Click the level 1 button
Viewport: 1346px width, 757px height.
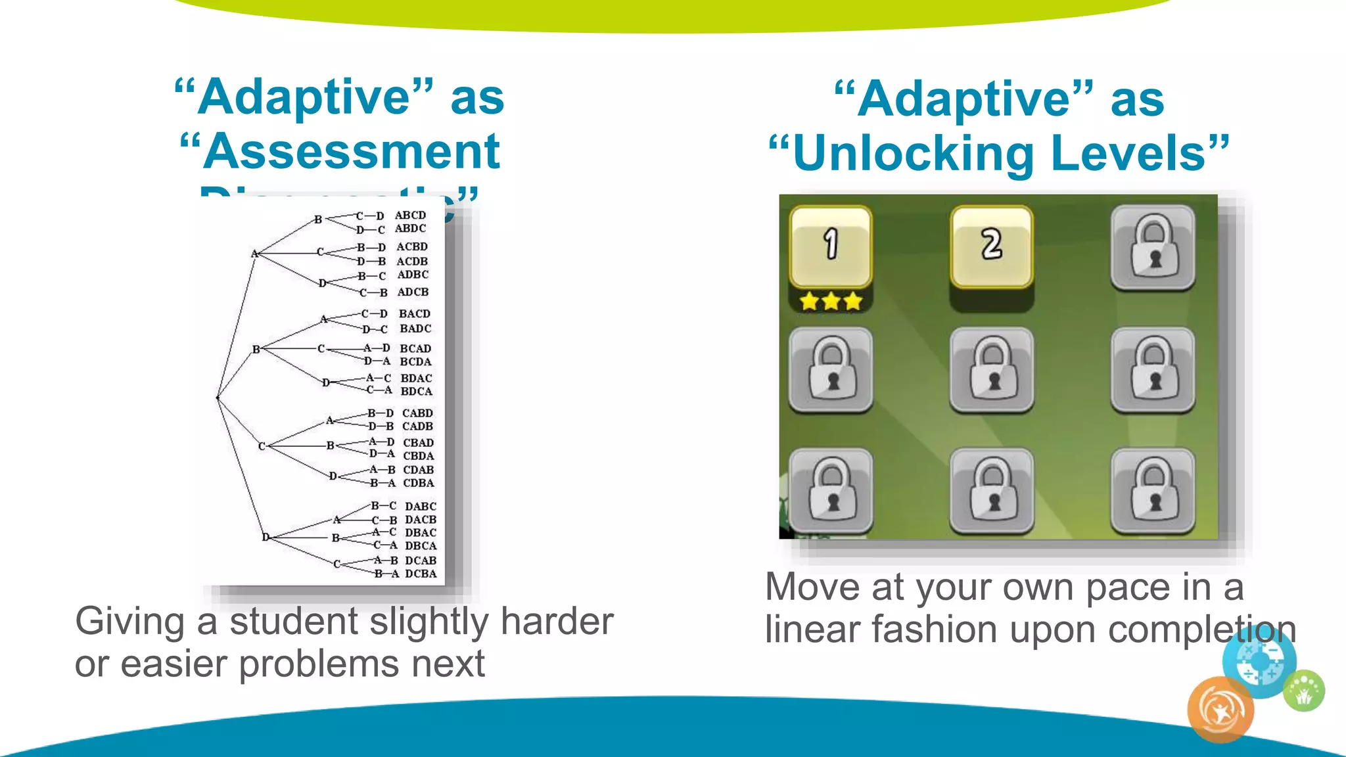831,246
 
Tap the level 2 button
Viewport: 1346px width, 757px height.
991,246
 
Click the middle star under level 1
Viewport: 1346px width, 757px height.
831,302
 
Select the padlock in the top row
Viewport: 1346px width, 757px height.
1153,247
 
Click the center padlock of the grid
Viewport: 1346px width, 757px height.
992,369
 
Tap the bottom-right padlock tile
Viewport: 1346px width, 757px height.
1153,491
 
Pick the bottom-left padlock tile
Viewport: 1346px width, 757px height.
831,491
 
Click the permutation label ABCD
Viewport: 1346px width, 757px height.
410,215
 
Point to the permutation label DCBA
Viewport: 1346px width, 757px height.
421,574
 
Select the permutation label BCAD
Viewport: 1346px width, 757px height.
415,348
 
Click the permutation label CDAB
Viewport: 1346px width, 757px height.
418,470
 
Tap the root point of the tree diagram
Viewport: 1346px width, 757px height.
218,398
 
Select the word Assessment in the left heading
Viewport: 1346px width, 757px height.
351,152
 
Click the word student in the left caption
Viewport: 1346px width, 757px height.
294,622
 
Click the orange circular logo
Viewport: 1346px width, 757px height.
1220,710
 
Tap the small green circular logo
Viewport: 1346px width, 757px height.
1305,691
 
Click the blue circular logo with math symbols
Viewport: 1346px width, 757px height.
1259,660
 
